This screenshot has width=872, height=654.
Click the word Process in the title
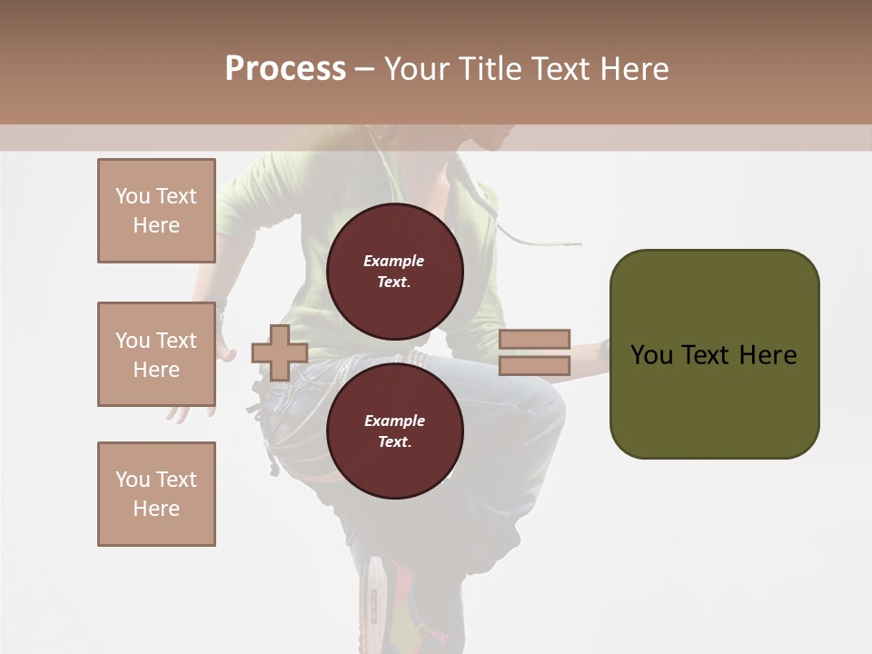click(x=285, y=68)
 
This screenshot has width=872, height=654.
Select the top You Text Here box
click(x=156, y=211)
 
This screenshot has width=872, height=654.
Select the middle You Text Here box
click(x=156, y=354)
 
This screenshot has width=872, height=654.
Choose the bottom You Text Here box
click(x=156, y=494)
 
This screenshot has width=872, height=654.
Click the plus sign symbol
click(x=280, y=352)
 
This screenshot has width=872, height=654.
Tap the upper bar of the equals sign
click(x=534, y=339)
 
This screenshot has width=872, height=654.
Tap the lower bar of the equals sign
click(x=534, y=366)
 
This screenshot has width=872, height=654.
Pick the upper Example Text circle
click(x=394, y=272)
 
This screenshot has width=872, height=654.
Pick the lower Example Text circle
click(x=394, y=431)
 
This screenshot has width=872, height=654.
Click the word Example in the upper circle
click(x=394, y=261)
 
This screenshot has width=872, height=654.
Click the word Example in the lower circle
click(x=394, y=421)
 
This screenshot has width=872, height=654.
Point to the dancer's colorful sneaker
click(x=391, y=604)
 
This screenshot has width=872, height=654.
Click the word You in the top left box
click(x=131, y=196)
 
